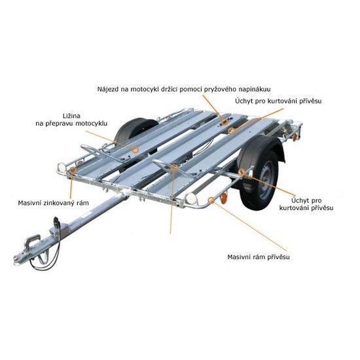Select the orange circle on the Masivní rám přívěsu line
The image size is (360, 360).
tap(210, 201)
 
